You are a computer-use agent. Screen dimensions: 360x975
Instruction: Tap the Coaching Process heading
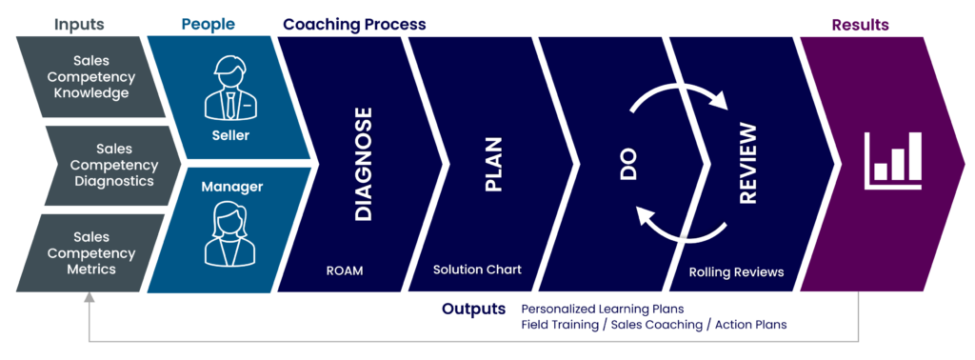[x=354, y=24]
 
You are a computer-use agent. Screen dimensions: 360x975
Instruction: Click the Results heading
[x=860, y=24]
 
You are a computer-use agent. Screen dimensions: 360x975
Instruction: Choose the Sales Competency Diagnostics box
[x=112, y=165]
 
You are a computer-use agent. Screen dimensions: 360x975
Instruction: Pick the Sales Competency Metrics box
[x=90, y=252]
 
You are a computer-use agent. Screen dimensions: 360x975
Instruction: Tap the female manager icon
[x=229, y=234]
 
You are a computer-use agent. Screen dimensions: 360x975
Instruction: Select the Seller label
[x=229, y=135]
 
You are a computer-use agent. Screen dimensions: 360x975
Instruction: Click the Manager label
[x=229, y=187]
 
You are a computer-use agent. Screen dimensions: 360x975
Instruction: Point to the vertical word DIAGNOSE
[x=363, y=165]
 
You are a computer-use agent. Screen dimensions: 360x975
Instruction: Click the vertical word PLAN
[x=493, y=165]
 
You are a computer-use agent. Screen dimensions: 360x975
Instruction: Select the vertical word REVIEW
[x=747, y=165]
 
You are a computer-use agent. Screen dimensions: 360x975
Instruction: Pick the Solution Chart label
[x=477, y=270]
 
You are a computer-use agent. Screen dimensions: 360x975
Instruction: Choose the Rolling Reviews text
[x=736, y=272]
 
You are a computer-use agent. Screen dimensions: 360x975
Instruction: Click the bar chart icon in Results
[x=892, y=159]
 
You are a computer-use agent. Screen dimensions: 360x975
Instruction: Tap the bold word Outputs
[x=474, y=310]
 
